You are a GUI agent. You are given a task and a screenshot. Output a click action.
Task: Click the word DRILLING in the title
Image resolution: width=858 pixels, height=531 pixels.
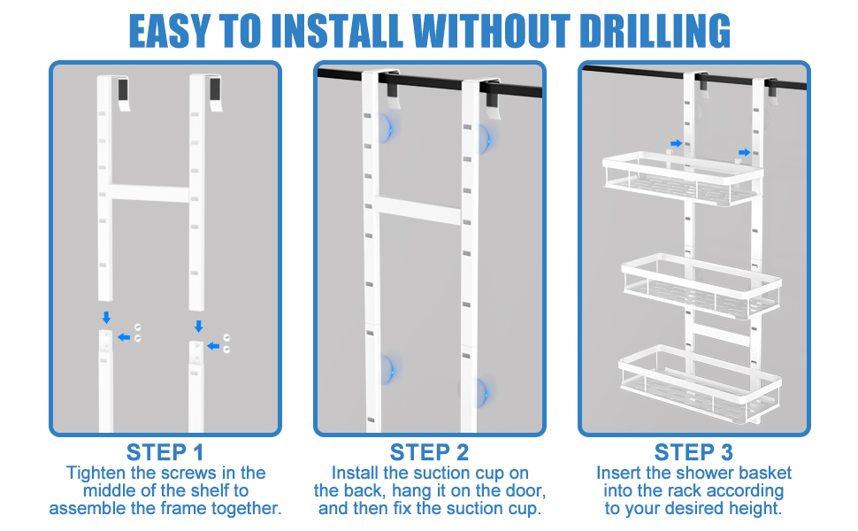click(x=655, y=30)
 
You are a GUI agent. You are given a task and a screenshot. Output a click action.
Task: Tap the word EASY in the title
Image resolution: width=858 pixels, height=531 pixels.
click(x=170, y=30)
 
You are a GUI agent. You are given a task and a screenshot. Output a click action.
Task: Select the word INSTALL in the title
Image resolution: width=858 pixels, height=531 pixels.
click(x=337, y=30)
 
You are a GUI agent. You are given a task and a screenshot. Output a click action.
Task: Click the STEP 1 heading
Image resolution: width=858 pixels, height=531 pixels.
click(x=165, y=453)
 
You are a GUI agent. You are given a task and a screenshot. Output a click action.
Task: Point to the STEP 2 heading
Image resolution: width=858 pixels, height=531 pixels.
click(x=430, y=453)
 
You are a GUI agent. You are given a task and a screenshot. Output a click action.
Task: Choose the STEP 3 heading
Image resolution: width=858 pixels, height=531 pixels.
click(x=693, y=453)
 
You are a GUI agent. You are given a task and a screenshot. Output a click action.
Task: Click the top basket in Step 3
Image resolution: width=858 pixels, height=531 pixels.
click(x=682, y=179)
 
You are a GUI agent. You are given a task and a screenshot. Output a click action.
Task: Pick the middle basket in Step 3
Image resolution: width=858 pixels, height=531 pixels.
click(x=701, y=285)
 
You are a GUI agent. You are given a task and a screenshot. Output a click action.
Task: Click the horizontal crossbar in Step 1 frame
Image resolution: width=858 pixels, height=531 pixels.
click(x=149, y=193)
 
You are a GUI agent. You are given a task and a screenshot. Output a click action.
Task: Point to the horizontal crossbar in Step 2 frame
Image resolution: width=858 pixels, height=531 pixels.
click(x=418, y=210)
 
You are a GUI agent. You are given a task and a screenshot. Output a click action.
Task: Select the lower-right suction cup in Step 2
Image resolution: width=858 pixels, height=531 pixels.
click(x=480, y=393)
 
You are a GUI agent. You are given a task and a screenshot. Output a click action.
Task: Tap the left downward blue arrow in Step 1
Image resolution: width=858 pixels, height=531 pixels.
click(x=106, y=317)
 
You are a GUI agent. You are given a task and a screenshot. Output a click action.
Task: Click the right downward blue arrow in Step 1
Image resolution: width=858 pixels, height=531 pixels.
click(x=198, y=327)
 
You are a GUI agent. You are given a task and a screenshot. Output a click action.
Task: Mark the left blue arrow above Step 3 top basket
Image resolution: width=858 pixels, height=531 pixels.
click(x=677, y=143)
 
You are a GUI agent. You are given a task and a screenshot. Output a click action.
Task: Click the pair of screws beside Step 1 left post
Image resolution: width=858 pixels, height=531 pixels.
click(x=138, y=333)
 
